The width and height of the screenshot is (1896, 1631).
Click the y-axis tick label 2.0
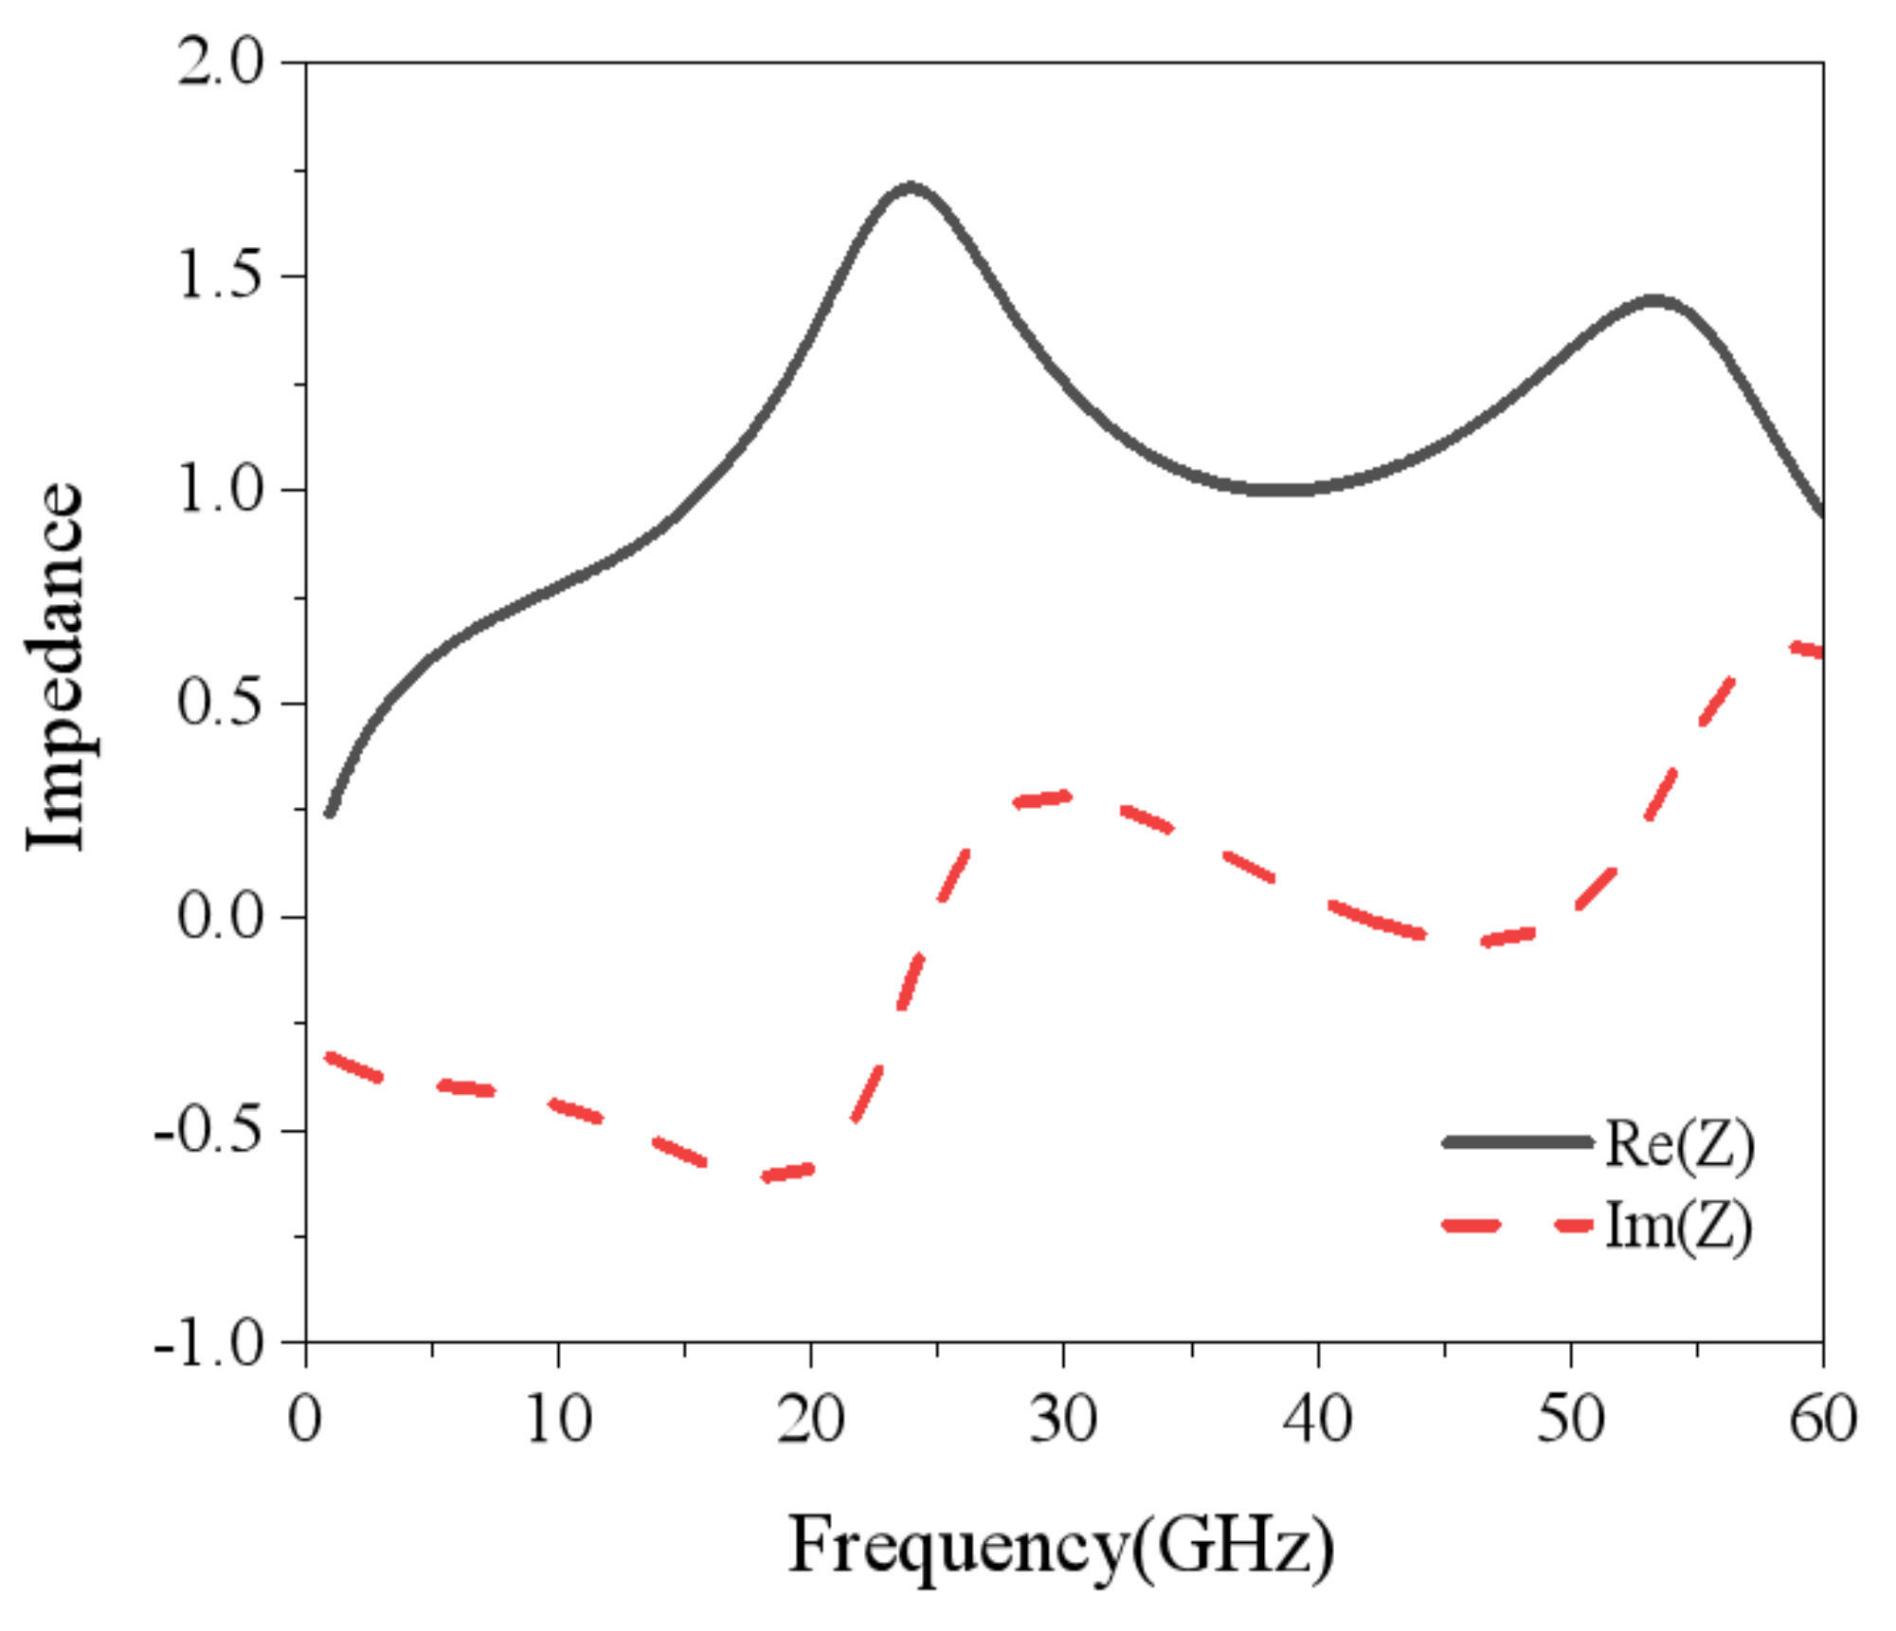220,64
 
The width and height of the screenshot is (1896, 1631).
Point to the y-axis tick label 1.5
220,277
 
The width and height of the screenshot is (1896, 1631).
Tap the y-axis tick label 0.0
220,917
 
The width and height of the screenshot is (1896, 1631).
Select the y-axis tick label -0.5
208,1131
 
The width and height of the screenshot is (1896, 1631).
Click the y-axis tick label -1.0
208,1343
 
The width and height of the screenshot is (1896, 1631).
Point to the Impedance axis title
55,668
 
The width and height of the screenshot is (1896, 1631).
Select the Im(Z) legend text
1678,1226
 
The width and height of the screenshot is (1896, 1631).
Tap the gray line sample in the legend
1517,1142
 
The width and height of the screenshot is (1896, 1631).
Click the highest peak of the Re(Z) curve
911,187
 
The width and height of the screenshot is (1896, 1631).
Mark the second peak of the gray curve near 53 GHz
1653,301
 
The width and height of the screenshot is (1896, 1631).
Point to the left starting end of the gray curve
329,812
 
